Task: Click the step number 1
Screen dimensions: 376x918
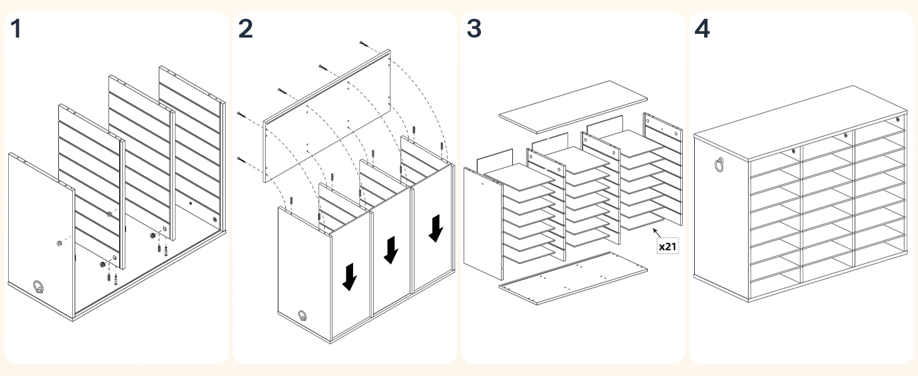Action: point(16,29)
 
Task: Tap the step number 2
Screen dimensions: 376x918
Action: point(246,29)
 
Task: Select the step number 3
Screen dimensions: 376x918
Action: point(474,29)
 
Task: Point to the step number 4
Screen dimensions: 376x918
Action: point(702,29)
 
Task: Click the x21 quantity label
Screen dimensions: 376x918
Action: point(667,246)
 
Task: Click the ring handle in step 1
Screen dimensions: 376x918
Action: point(39,287)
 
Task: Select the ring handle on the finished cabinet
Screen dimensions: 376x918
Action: point(719,164)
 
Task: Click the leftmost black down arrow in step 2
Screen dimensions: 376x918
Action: point(349,276)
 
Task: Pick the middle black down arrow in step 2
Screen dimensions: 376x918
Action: point(391,249)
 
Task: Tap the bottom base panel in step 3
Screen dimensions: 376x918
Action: point(572,277)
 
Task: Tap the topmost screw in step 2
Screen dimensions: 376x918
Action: point(364,43)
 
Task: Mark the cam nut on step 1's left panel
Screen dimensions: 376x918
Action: point(58,243)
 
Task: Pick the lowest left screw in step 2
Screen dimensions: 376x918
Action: point(241,159)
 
